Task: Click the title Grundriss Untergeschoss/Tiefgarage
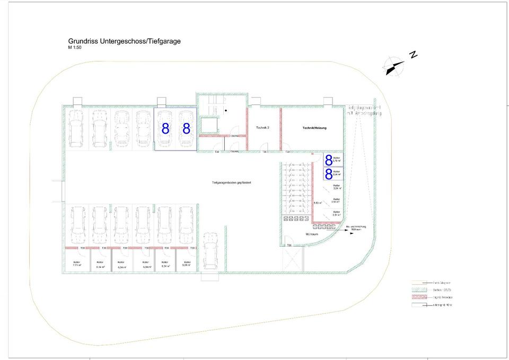pos(124,41)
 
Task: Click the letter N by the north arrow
pos(414,55)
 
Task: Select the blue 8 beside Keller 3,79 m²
pos(329,159)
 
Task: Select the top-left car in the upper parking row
pos(75,128)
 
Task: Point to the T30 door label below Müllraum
pos(289,245)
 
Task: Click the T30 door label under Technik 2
pos(264,152)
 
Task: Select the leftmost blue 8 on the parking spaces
pos(165,129)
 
